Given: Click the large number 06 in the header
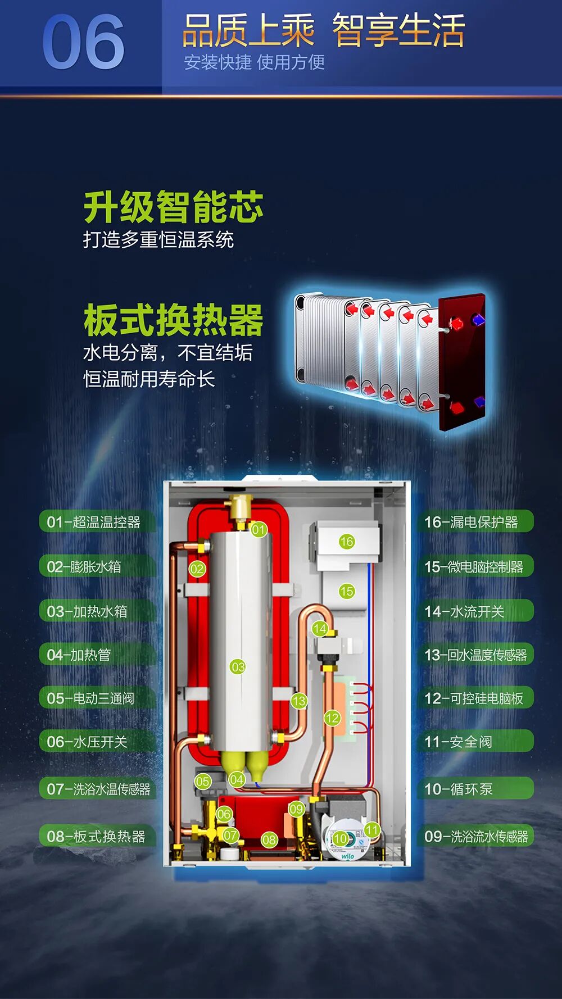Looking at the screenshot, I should pos(83,43).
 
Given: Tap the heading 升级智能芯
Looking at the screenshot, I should pos(173,207).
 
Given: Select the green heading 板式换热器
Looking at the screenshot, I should pos(173,320).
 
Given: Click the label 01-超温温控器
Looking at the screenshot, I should pos(93,522).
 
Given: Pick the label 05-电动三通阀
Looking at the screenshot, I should pos(90,698).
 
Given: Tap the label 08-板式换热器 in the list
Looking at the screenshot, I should pos(96,837).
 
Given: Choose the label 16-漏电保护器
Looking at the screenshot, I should pos(471,522).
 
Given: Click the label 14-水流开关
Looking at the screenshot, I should pos(464,611).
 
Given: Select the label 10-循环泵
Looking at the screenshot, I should pos(459,789).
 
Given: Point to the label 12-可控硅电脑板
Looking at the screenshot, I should pos(474,698).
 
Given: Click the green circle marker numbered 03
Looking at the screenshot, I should pos(238,667).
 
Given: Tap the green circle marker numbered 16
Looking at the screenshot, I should pos(347,542).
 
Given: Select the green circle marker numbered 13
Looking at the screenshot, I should pos(299,701).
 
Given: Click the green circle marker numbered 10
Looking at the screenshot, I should pos(341,839).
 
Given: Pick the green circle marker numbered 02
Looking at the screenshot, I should pos(197,569).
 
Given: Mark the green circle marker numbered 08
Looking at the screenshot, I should pos(269,840).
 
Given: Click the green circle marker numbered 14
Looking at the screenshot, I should pos(320,629).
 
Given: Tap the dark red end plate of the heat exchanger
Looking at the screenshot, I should pos(462,362).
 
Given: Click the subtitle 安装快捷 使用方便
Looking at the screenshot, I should pos(254,62).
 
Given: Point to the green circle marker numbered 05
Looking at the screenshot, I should pos(203,781).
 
